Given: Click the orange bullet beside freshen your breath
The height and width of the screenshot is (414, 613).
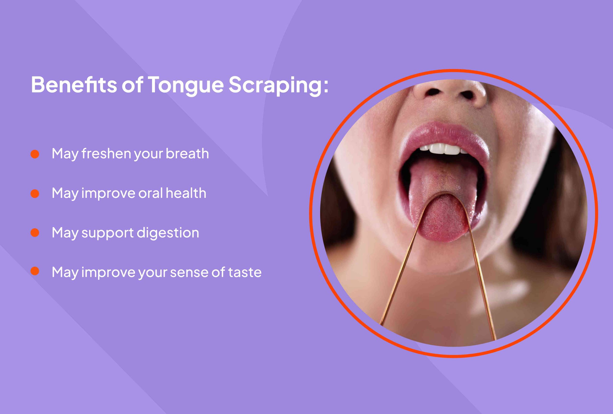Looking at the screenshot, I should coord(35,154).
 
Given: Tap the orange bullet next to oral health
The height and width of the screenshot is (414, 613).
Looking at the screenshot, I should coord(35,194).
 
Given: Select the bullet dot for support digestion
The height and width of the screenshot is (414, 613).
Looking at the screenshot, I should coord(35,233).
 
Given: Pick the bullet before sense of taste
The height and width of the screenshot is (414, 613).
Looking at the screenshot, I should coord(35,271).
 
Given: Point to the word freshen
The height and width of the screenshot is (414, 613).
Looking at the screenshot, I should coord(106,154).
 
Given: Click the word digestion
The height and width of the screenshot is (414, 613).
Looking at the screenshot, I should coord(168,233).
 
